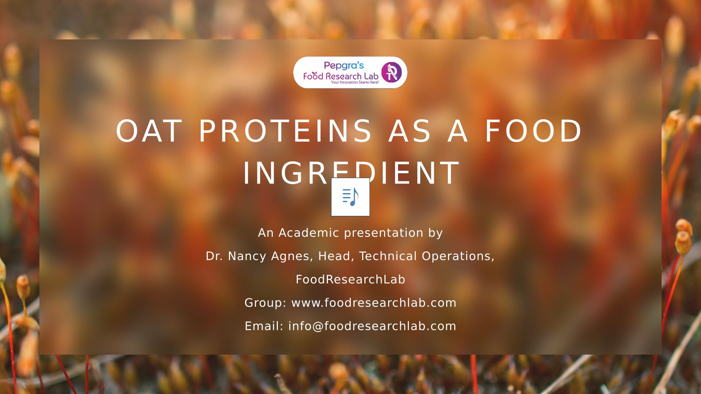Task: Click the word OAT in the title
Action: (149, 131)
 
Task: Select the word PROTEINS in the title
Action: (285, 131)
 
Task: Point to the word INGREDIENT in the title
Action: (351, 173)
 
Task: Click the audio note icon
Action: (350, 197)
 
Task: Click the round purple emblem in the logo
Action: (391, 72)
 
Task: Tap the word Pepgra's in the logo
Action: (344, 66)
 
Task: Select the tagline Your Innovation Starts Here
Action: (355, 82)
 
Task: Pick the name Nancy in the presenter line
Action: (248, 256)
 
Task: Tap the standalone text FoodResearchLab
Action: (350, 279)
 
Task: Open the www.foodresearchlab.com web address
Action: (374, 303)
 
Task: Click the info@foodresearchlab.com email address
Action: (372, 326)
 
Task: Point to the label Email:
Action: (264, 326)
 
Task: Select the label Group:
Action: (265, 303)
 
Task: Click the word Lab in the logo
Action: (371, 76)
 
